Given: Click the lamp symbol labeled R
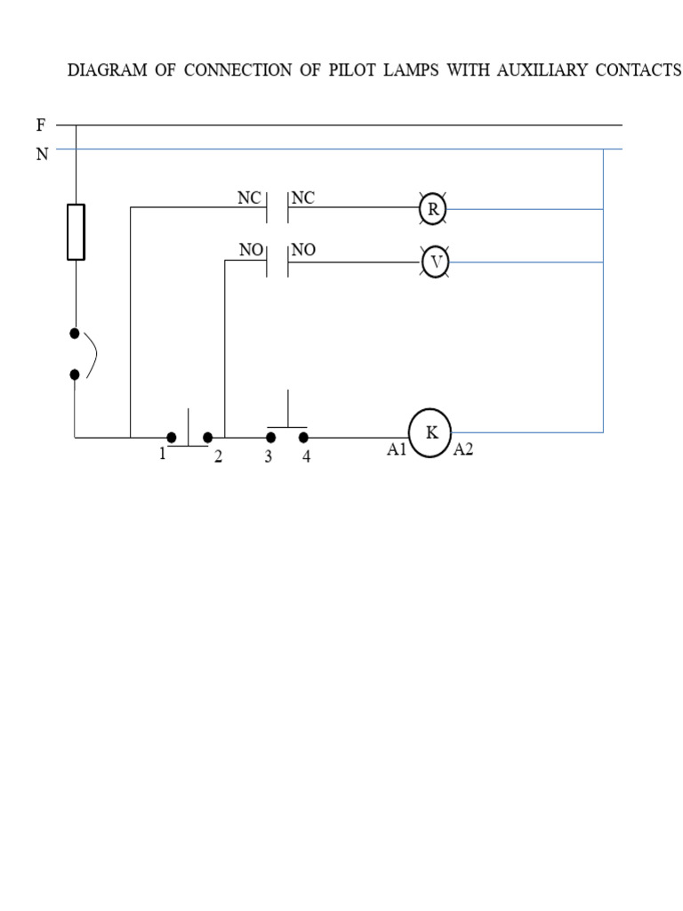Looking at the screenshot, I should coord(433,209).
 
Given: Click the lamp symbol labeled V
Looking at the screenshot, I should coord(436,263).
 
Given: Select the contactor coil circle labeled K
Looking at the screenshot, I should coord(430,433).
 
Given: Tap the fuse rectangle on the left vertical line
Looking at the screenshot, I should coord(76,231).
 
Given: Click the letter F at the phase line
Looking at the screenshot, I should coord(40,125).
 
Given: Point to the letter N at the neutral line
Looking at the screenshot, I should coord(41,154).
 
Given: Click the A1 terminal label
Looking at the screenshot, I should coord(397,450).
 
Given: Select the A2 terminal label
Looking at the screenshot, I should coord(463,450).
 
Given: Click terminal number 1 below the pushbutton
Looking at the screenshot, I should coord(163,454).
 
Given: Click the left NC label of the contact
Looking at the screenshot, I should coord(248,198).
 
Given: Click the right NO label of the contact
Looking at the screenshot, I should coord(304,251).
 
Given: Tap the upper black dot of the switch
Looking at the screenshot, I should coord(75,333).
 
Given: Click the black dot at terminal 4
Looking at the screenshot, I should coord(303,438).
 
